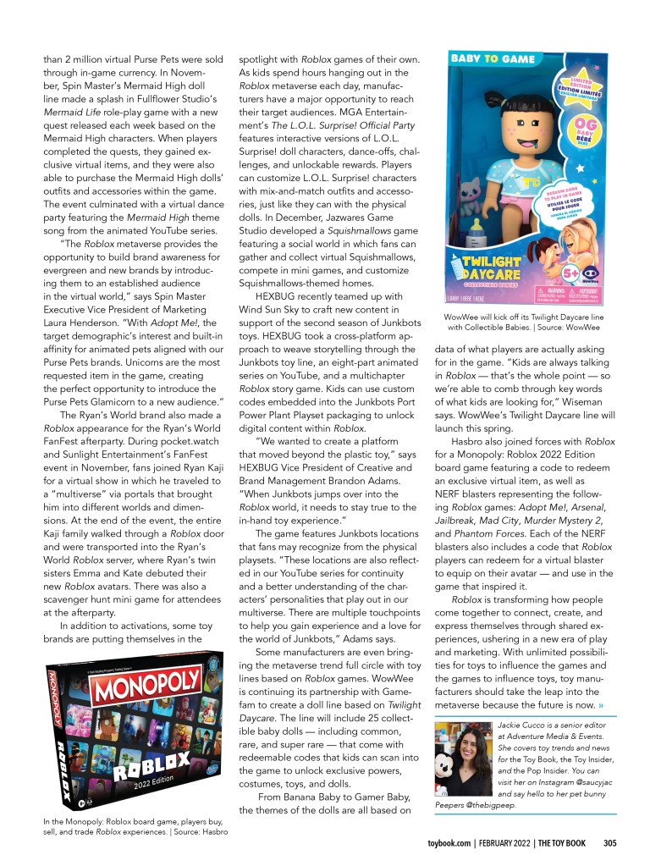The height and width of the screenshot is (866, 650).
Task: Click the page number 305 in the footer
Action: (x=609, y=842)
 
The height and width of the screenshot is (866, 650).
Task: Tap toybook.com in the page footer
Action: (x=449, y=842)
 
